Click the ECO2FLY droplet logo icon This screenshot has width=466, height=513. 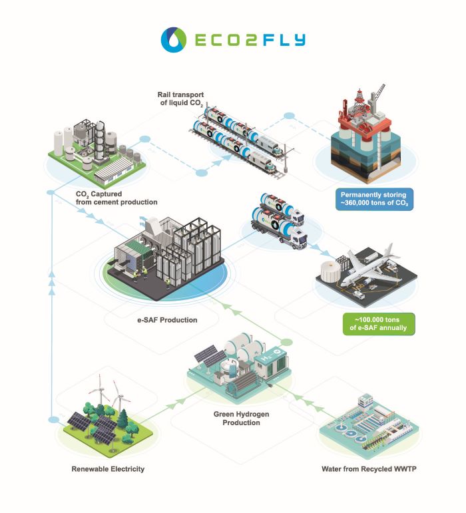tap(173, 39)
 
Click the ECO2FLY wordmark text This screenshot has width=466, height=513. tap(250, 40)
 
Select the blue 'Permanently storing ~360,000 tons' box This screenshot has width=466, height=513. tap(374, 198)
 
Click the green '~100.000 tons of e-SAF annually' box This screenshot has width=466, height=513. tap(376, 323)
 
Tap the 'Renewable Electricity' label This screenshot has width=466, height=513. tap(108, 469)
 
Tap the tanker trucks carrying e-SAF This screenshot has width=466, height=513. tap(280, 223)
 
